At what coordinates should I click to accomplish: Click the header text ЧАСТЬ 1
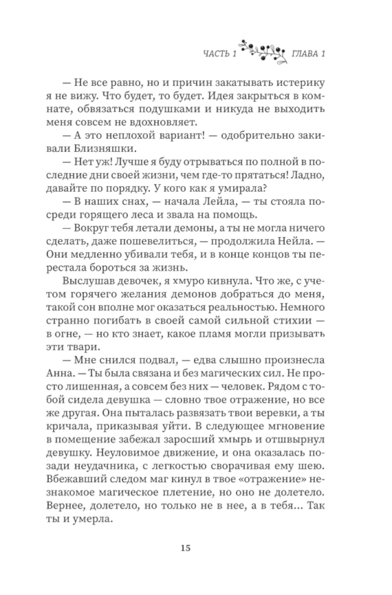coord(220,53)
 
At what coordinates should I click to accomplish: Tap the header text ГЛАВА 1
coord(308,53)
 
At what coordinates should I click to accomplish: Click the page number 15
coord(185,548)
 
